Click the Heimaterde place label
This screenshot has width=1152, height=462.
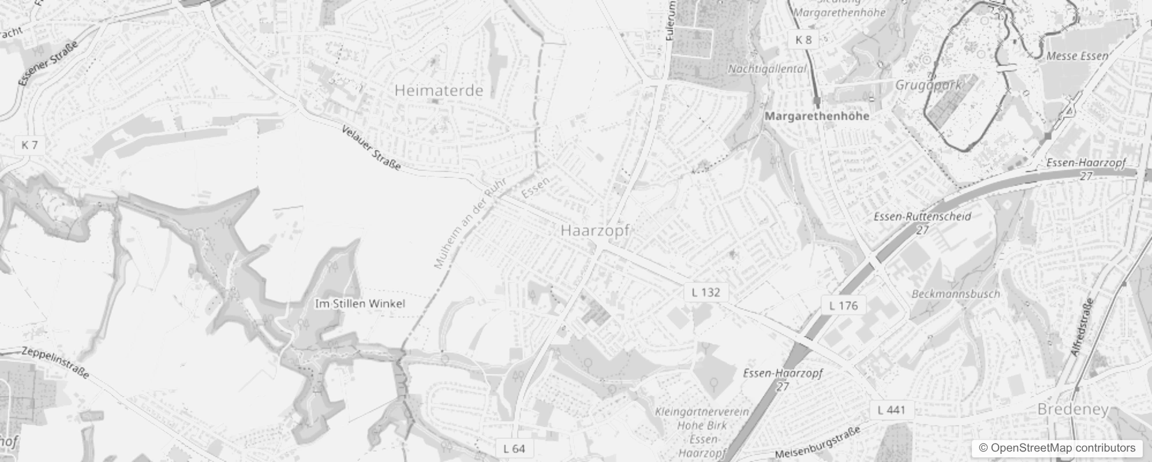439,91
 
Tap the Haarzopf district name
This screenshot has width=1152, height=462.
594,230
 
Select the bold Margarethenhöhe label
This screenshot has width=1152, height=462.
817,116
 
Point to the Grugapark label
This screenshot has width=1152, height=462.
928,85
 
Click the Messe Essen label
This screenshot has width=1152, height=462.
1077,56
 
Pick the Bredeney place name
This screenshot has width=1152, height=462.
1073,409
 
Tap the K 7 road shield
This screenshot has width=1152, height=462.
29,144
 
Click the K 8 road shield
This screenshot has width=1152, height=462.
803,39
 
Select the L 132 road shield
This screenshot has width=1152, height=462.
706,292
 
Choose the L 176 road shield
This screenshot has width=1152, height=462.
843,305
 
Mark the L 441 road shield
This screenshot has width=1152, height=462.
892,410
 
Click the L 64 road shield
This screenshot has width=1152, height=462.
514,448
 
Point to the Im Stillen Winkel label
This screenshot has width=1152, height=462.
360,303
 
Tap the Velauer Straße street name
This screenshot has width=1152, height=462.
371,148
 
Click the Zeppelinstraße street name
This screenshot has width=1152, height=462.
55,363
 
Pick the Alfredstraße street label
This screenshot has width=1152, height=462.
1082,327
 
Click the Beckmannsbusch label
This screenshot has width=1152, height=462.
955,293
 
